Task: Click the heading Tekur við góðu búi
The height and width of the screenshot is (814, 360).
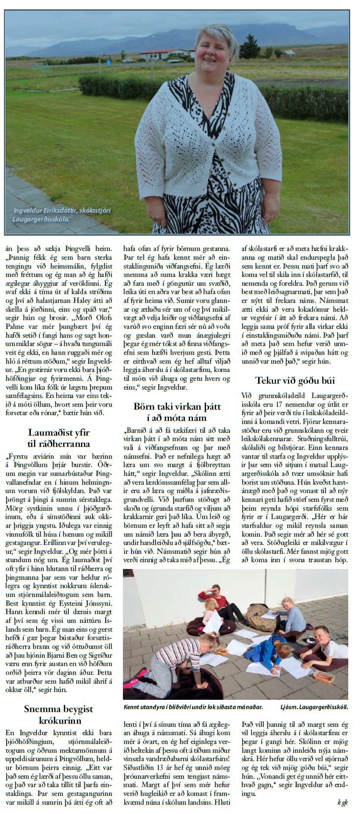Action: pyautogui.click(x=295, y=380)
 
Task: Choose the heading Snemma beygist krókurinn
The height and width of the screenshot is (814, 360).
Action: pyautogui.click(x=59, y=714)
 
